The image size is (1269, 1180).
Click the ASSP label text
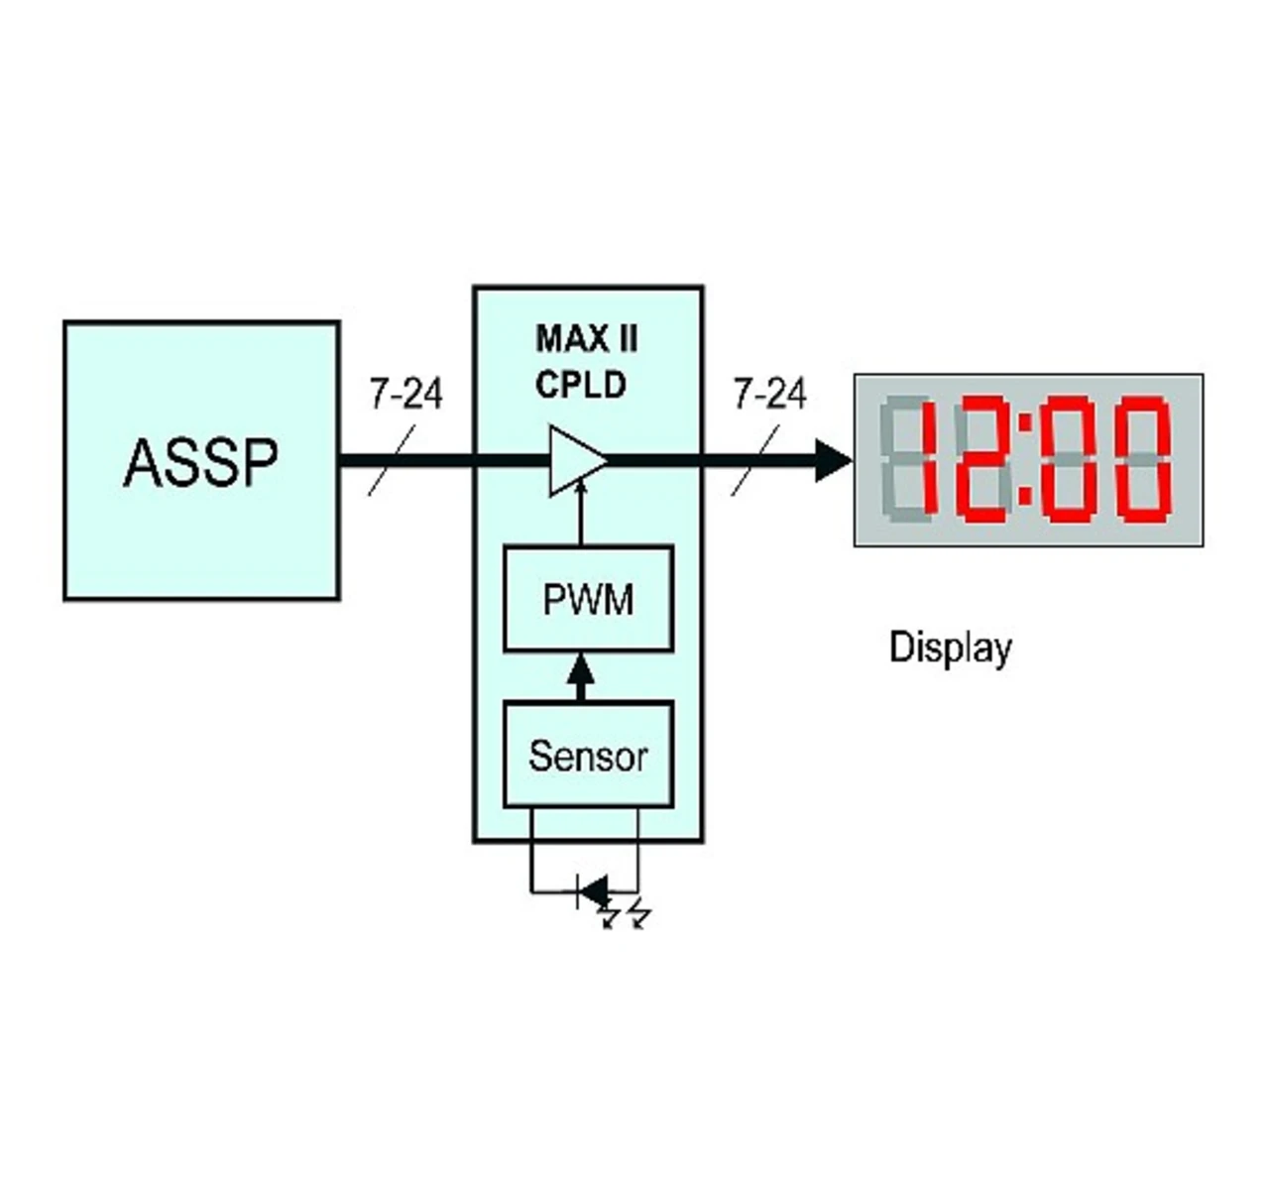coord(200,462)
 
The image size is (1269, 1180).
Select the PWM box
coord(588,599)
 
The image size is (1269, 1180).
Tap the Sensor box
coord(588,755)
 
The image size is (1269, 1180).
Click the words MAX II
coord(587,339)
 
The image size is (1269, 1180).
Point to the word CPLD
coord(580,385)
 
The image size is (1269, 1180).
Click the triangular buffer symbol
coord(575,460)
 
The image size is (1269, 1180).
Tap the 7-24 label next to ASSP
coord(405,393)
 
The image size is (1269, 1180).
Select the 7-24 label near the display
coord(769,393)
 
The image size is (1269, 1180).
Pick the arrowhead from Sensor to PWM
coord(581,671)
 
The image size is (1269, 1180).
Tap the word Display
coord(950,648)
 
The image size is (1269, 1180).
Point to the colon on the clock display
coord(1026,459)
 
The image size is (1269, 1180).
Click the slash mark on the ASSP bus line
coord(392,460)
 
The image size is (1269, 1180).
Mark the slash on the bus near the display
coord(755,460)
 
